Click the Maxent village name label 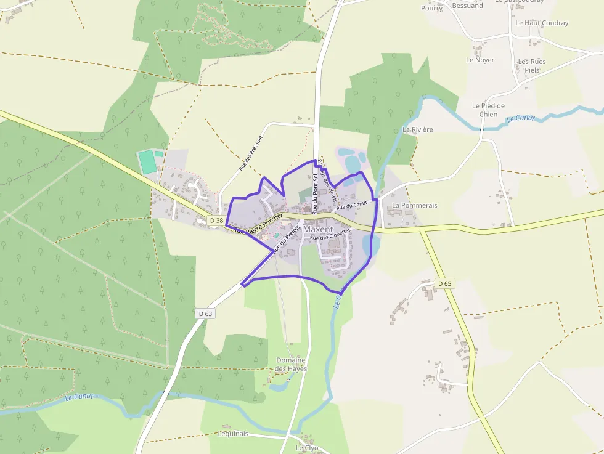[318, 229]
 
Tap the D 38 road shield [216, 220]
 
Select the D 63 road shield [206, 314]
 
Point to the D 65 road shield [444, 283]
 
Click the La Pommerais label [414, 205]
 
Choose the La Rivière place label [418, 130]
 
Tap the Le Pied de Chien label [488, 110]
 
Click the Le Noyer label [480, 60]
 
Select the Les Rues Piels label [531, 66]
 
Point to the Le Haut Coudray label [542, 23]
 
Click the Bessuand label [467, 6]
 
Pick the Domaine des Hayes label [291, 364]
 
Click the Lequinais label [233, 434]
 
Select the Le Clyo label [306, 448]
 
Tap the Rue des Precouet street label [250, 153]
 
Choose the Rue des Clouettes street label [330, 235]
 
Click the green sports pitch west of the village [147, 162]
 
